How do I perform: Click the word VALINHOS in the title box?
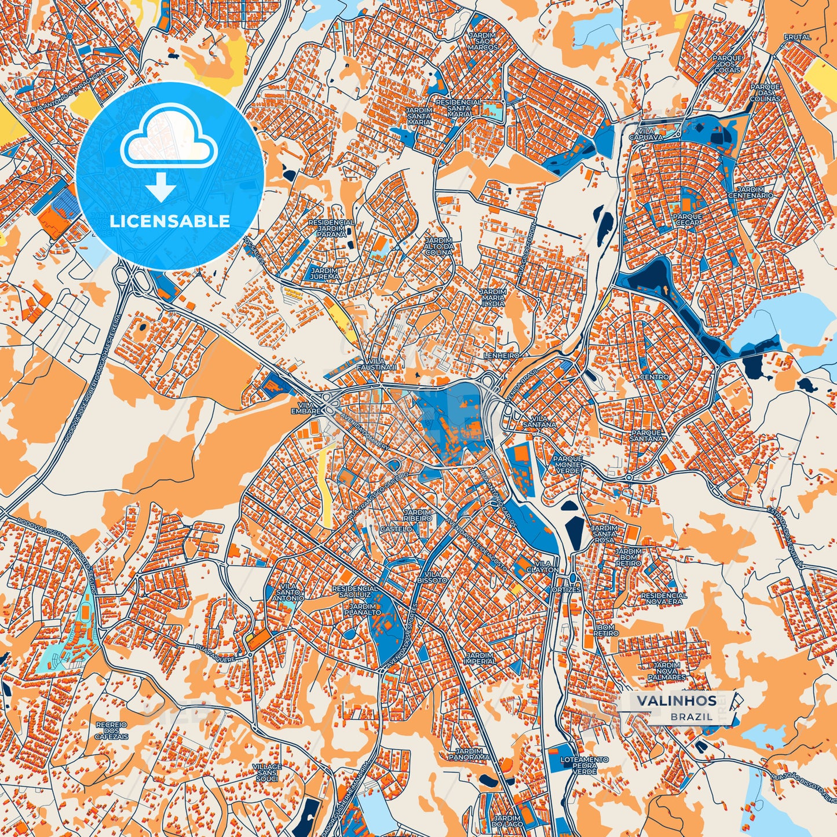tap(677, 701)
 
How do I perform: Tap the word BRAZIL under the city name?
tap(692, 717)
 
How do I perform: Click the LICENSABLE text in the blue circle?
tap(170, 221)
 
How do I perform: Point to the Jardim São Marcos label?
tap(483, 41)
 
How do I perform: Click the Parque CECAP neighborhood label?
tap(688, 219)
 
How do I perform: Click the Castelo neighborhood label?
tap(397, 529)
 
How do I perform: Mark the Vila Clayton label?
tap(543, 566)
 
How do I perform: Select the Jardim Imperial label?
tap(480, 658)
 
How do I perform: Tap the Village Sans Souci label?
tap(267, 772)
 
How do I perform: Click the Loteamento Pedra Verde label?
tap(584, 765)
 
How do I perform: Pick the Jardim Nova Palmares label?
tap(666, 671)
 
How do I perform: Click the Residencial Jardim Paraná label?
tap(331, 228)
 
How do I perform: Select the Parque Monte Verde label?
tap(568, 465)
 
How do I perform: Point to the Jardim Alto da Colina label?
tap(438, 246)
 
